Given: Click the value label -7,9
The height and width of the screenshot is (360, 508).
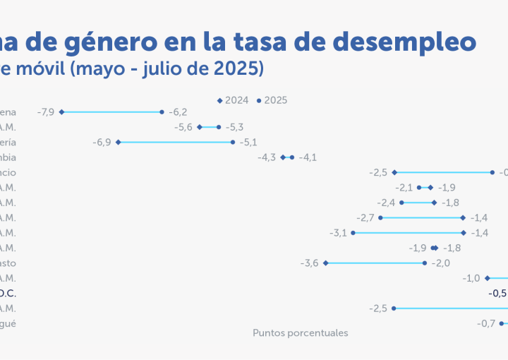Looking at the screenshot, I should [x=46, y=112].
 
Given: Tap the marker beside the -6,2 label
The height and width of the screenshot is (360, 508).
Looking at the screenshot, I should [x=162, y=112].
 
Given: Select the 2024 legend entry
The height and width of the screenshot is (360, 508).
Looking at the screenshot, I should [x=233, y=100].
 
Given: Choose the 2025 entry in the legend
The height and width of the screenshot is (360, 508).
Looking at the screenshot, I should [x=272, y=100].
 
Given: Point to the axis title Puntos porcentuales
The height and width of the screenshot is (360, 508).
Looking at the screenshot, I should [x=301, y=332].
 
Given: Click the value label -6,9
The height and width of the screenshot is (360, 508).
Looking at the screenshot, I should [x=102, y=142].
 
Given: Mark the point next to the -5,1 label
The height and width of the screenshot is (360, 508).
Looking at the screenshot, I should [x=233, y=142].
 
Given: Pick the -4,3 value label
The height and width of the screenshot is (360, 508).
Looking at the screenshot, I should [x=267, y=157].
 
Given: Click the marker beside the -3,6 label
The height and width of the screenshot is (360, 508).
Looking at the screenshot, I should [x=325, y=263].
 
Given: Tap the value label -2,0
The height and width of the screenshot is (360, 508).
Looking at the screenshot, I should [x=441, y=263].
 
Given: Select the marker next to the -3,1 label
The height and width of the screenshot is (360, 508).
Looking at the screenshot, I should [x=353, y=233].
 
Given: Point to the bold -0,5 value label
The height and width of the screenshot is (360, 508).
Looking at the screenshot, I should [x=497, y=293].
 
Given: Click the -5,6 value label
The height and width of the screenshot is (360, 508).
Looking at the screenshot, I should [x=183, y=127].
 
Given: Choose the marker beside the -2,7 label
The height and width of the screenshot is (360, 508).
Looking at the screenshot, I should [x=380, y=217].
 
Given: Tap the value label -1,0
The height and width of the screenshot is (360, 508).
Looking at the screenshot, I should [x=471, y=278].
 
